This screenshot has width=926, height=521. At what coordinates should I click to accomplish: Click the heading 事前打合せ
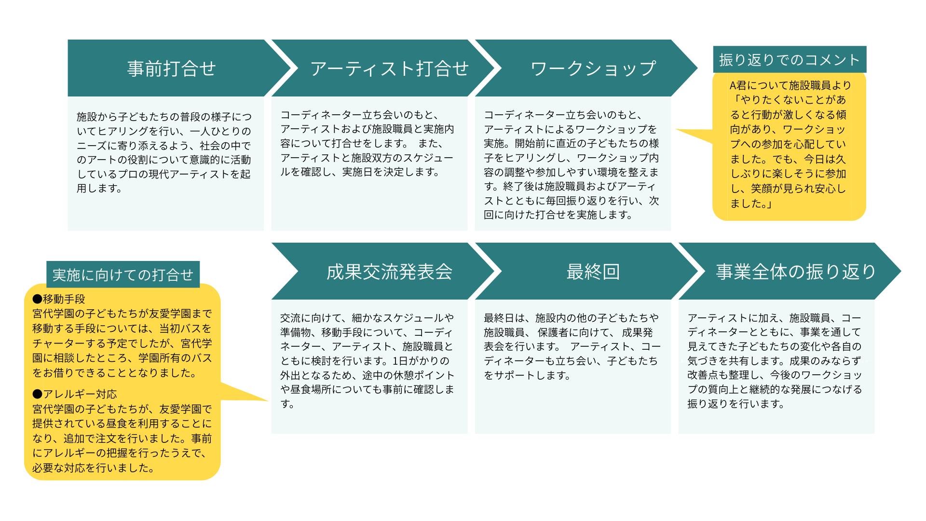(x=171, y=69)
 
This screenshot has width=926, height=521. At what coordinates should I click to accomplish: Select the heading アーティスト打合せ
(x=389, y=69)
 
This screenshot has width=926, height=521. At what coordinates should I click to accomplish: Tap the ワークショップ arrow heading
(x=593, y=69)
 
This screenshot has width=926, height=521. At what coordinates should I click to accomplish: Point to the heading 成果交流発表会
(x=389, y=272)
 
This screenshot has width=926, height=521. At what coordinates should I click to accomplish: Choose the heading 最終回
(x=593, y=272)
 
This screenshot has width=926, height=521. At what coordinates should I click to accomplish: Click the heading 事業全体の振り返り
(x=796, y=272)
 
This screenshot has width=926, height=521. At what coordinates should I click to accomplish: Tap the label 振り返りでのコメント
(x=790, y=60)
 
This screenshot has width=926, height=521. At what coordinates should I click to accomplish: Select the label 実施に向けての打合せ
(x=123, y=275)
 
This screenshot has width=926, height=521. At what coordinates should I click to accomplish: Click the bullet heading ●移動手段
(x=59, y=299)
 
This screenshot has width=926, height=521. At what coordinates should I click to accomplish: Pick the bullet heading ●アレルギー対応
(x=75, y=394)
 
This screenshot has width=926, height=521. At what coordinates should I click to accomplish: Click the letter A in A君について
(x=733, y=86)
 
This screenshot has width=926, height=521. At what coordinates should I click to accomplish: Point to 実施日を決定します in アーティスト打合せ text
(x=390, y=172)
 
